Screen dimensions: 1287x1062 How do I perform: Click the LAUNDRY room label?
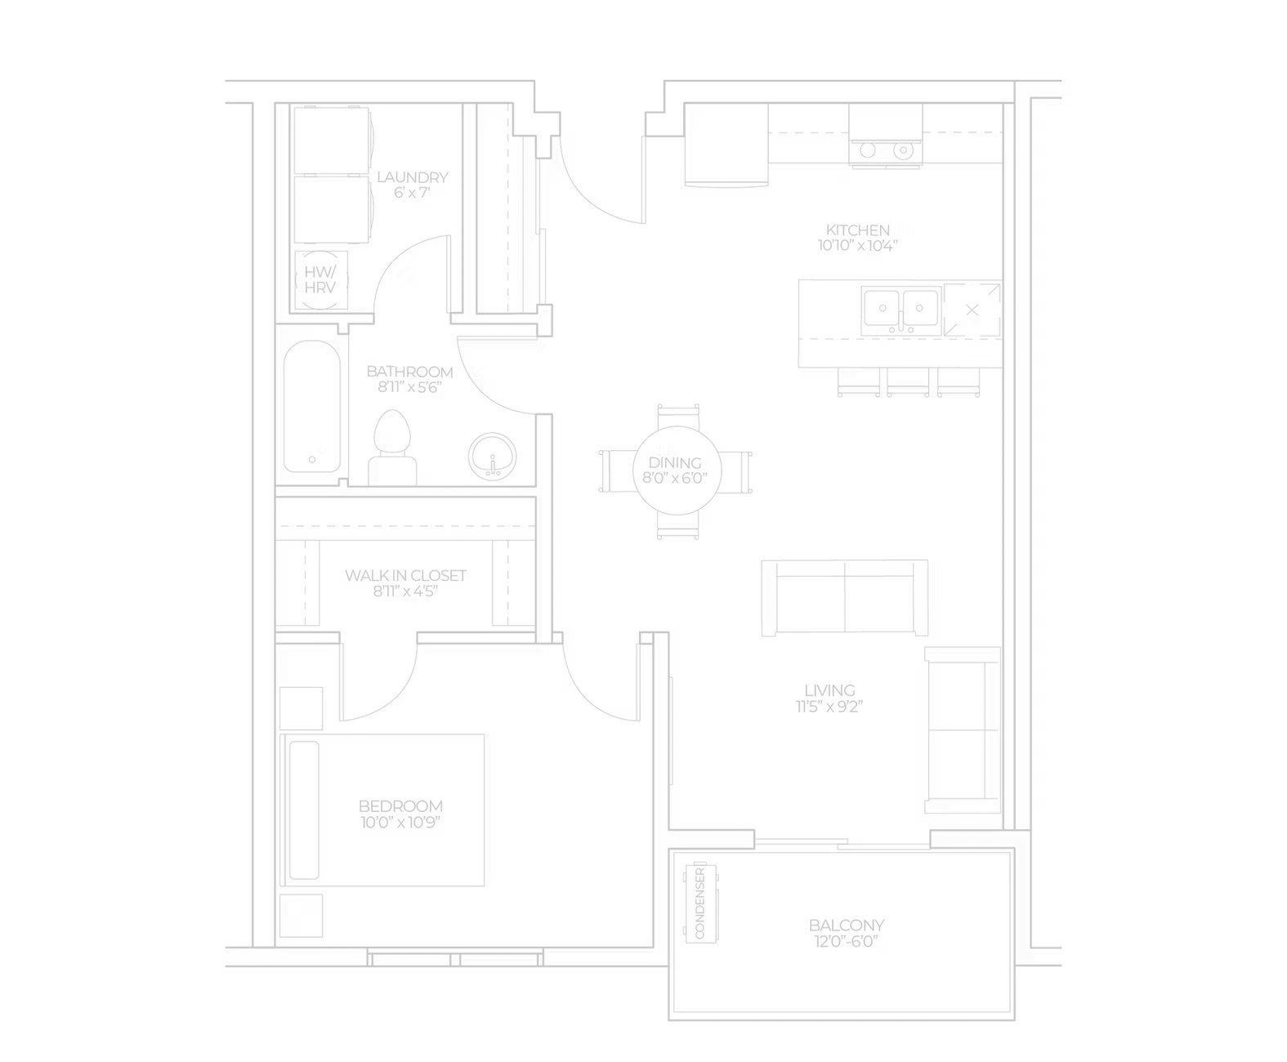[x=412, y=177]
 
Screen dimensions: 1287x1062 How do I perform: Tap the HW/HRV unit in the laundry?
[x=320, y=280]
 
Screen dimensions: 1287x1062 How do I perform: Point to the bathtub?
[x=312, y=407]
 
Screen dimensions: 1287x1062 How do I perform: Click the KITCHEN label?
[x=857, y=230]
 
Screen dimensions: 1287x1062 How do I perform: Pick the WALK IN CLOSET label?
[x=405, y=575]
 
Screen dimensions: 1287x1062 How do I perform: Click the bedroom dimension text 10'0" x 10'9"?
[x=400, y=822]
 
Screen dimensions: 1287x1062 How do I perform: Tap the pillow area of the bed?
[x=304, y=810]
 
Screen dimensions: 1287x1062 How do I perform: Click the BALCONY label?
[x=847, y=926]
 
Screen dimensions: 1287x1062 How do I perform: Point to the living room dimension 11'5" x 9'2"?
[x=829, y=707]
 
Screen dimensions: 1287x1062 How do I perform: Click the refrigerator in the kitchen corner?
[x=726, y=145]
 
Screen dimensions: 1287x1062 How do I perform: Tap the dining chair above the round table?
[x=678, y=416]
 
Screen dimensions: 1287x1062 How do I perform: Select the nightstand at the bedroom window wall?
[x=301, y=915]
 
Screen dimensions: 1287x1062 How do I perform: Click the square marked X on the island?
[x=972, y=310]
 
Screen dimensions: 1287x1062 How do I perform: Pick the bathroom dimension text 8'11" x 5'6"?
[x=410, y=387]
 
